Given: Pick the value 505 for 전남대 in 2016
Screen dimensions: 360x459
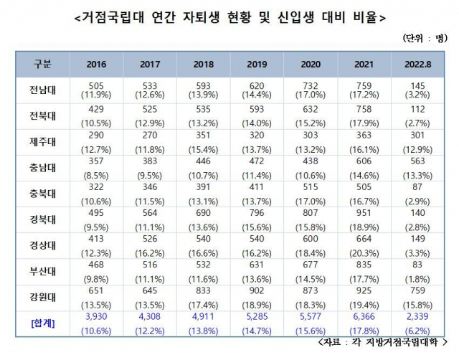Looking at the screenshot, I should coord(96,84).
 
